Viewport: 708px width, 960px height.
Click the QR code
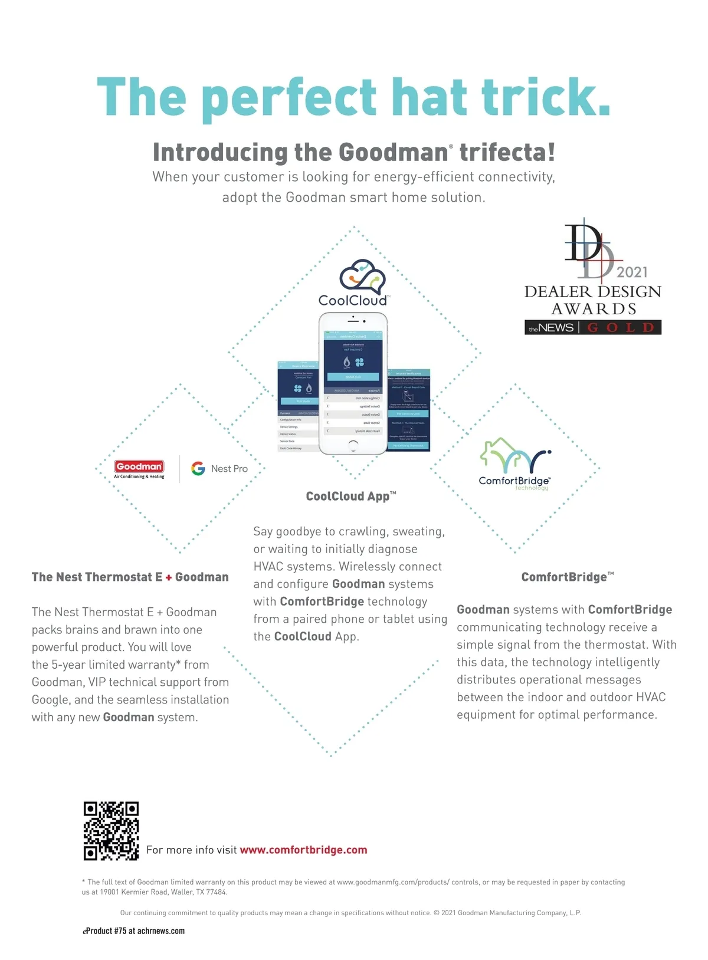point(111,830)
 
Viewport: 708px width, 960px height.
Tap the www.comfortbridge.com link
point(303,850)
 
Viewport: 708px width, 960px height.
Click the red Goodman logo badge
point(139,466)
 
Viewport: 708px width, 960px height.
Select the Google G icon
point(198,468)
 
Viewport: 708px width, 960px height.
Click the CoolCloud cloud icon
point(362,277)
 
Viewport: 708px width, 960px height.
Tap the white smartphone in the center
point(353,383)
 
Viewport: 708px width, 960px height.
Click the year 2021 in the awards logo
point(632,272)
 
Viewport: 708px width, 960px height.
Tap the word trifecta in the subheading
point(507,152)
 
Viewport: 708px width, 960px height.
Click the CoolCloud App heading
point(351,497)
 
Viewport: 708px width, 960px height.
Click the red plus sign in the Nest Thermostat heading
point(169,578)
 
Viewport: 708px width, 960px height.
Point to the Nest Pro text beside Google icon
point(230,469)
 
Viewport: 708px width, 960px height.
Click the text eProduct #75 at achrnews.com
point(134,931)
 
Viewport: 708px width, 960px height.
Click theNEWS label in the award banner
point(551,328)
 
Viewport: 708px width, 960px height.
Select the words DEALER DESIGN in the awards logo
point(592,291)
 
